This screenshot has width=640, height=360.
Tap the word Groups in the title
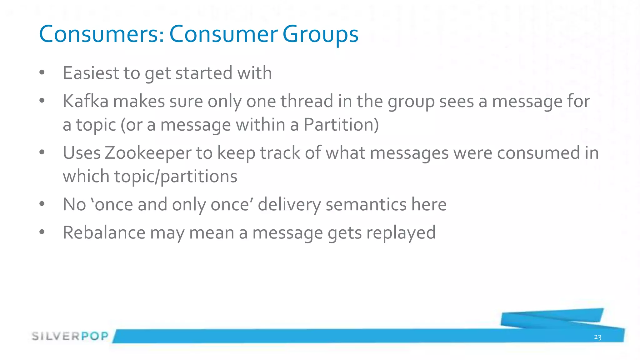point(320,34)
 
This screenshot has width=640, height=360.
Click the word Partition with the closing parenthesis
point(341,125)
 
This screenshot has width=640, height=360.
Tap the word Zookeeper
point(148,153)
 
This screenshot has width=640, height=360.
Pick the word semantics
point(366,204)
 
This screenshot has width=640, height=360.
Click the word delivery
point(289,205)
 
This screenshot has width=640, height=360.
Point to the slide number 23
point(597,337)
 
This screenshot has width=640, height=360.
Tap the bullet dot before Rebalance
point(42,232)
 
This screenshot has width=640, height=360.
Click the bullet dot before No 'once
point(42,204)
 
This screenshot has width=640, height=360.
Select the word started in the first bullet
point(204,73)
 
